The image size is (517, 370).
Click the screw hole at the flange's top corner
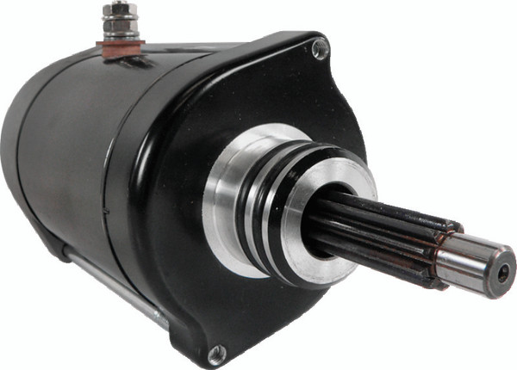point(320,50)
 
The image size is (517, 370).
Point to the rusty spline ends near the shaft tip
point(445,241)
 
